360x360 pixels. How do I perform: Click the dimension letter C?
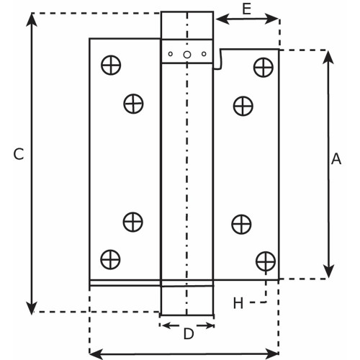(19, 154)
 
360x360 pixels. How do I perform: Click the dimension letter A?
(336, 158)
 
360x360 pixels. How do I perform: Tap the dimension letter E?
(246, 9)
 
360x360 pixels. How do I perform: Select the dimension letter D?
(189, 333)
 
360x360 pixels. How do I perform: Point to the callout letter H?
(238, 303)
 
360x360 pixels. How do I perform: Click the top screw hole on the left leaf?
(111, 65)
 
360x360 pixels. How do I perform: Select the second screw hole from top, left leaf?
(133, 104)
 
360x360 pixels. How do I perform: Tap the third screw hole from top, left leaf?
(133, 222)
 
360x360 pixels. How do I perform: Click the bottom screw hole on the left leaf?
(110, 259)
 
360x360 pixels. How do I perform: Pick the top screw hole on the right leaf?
(264, 68)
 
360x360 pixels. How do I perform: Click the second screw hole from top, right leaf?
(243, 106)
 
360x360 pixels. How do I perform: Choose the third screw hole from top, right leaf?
(241, 225)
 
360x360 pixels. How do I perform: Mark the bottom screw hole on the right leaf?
(266, 261)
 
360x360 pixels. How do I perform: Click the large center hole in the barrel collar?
(187, 55)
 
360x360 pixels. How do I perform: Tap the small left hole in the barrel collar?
(171, 54)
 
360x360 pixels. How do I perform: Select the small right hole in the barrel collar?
(204, 54)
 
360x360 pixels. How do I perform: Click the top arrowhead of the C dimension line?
(32, 19)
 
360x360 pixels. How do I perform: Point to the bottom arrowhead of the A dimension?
(328, 271)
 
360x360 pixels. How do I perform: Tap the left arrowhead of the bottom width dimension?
(96, 354)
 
